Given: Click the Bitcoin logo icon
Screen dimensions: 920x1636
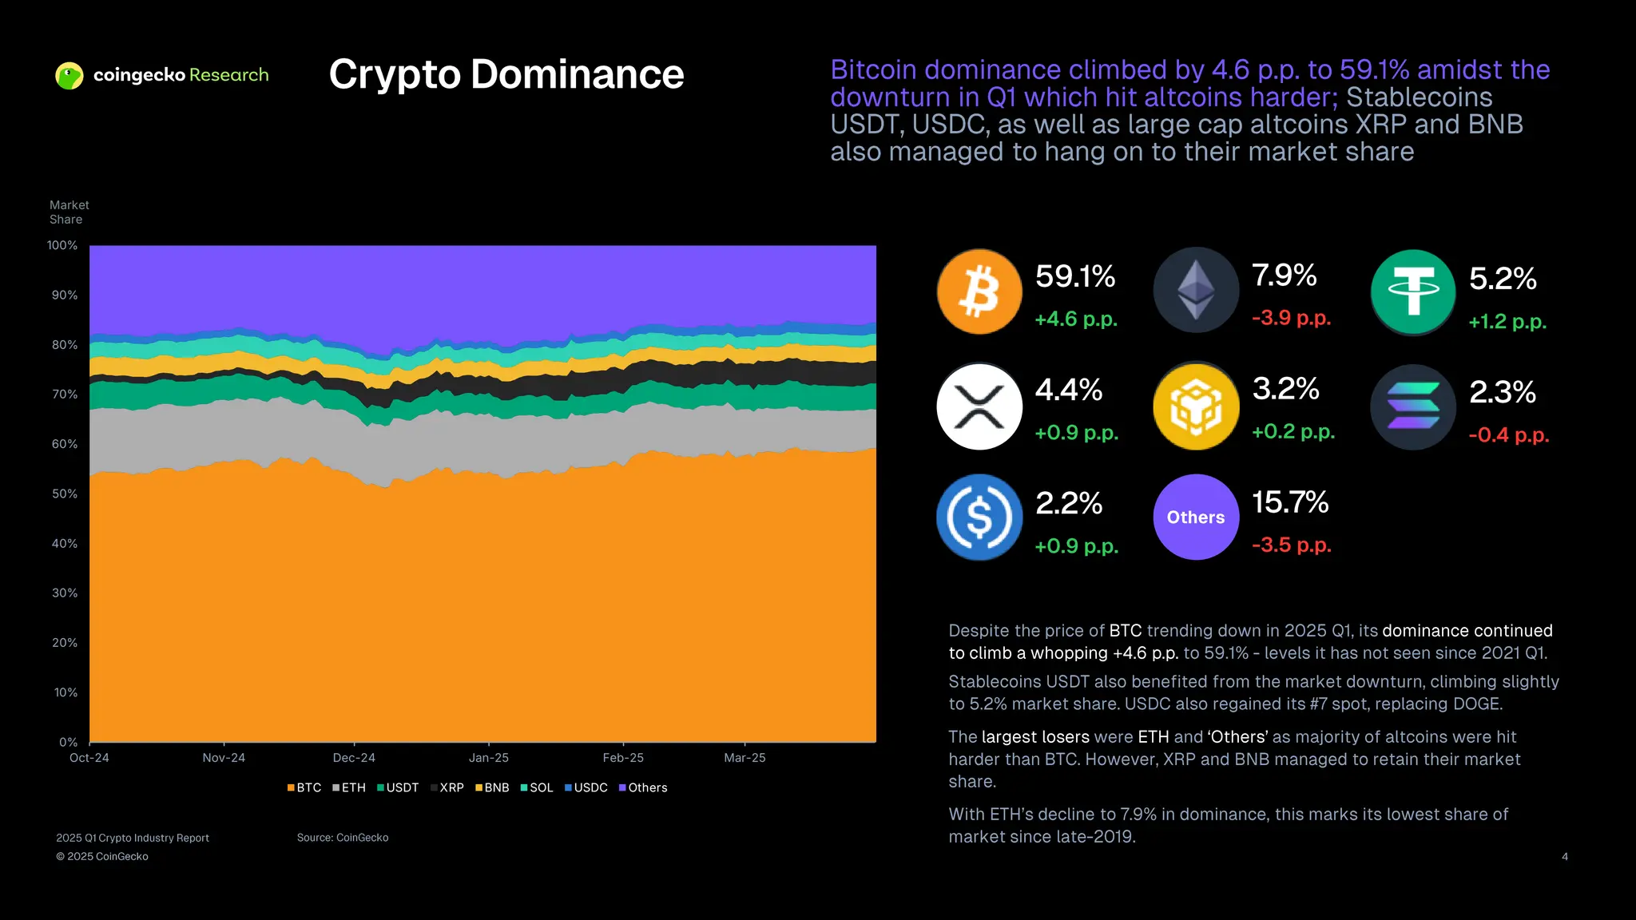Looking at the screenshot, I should coord(979,291).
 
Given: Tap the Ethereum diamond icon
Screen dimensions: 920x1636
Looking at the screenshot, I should coord(1196,290).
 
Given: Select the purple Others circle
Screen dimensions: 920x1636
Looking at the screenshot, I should coord(1196,517).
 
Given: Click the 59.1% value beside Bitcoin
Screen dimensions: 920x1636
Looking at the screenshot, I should coord(1074,276).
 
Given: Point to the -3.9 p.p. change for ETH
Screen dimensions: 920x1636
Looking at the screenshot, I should coord(1291,318).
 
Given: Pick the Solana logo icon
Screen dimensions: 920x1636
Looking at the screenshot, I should coord(1413,406).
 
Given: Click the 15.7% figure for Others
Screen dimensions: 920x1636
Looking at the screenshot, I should coord(1289,502).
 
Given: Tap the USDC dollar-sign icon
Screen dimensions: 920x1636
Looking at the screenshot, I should coord(979,517).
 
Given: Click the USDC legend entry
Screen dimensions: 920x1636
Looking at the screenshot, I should coord(586,787).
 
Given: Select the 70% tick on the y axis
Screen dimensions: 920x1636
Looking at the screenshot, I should coord(65,395).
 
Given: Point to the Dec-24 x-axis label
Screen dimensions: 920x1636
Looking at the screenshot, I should coord(354,758).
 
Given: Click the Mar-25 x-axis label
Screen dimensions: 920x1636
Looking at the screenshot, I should coord(745,758).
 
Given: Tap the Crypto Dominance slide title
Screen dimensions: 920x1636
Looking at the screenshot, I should coord(506,74).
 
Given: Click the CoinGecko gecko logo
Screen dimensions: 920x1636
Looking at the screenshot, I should coord(69,76).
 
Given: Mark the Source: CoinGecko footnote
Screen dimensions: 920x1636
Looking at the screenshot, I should coord(343,838).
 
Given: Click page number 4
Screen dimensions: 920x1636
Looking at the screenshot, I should coord(1564,857).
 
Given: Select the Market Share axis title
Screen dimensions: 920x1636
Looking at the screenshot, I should coord(69,212).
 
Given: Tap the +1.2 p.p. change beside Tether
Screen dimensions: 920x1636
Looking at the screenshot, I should coord(1507,322).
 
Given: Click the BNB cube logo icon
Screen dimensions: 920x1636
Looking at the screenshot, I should coord(1196,406).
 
